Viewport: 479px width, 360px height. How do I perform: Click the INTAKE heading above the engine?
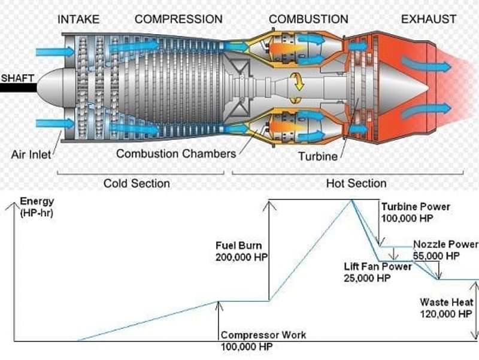[x=78, y=19]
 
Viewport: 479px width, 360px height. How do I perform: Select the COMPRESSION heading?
[x=178, y=19]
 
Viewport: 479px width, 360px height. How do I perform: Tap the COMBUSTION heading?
[x=308, y=19]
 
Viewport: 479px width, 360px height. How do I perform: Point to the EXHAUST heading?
[x=429, y=19]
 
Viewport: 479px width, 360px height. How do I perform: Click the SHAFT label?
[x=17, y=78]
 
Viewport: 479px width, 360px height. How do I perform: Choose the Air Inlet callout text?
[x=31, y=155]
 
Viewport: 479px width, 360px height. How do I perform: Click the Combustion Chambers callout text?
[x=176, y=153]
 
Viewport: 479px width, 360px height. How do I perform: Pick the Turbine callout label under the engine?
[x=318, y=156]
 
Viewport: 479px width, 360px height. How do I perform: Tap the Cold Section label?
[x=137, y=183]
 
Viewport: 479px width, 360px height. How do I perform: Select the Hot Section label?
[x=356, y=183]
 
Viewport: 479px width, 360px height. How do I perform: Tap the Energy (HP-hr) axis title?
[x=37, y=207]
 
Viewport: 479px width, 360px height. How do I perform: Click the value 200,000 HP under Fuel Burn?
[x=241, y=257]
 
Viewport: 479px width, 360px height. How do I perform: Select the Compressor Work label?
[x=263, y=335]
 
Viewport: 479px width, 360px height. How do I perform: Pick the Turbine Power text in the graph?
[x=416, y=207]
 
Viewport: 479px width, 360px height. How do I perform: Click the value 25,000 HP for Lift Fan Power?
[x=367, y=278]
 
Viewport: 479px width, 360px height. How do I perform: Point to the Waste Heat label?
[x=446, y=302]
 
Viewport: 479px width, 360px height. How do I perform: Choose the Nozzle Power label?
[x=445, y=244]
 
